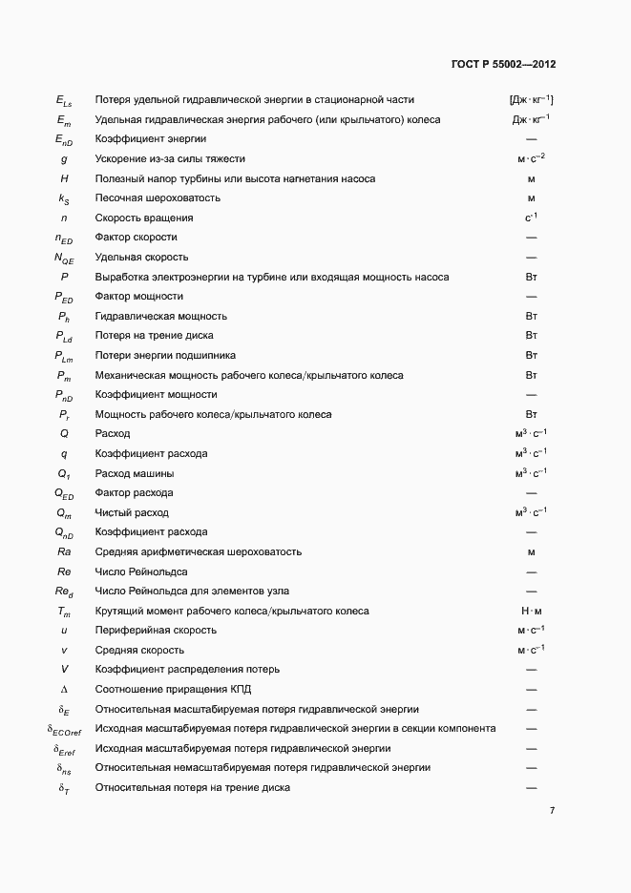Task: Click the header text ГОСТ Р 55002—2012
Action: pyautogui.click(x=503, y=65)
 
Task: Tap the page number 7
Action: pyautogui.click(x=553, y=811)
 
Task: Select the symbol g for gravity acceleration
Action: pyautogui.click(x=64, y=158)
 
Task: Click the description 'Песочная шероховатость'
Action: pyautogui.click(x=158, y=197)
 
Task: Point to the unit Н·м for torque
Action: pyautogui.click(x=532, y=611)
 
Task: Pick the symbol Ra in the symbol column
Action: pyautogui.click(x=64, y=551)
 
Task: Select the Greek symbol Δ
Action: pyautogui.click(x=64, y=689)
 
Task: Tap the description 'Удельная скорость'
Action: pyautogui.click(x=141, y=257)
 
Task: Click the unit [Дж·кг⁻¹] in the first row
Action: pyautogui.click(x=532, y=99)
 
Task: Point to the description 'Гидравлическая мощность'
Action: pyautogui.click(x=160, y=316)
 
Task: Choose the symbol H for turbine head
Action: pyautogui.click(x=64, y=178)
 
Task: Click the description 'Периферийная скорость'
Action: pyautogui.click(x=156, y=630)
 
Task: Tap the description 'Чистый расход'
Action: pyautogui.click(x=132, y=512)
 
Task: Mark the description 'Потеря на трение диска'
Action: pyautogui.click(x=154, y=336)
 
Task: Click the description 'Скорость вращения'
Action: pyautogui.click(x=143, y=218)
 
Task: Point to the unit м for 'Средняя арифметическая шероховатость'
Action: pyautogui.click(x=532, y=551)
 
